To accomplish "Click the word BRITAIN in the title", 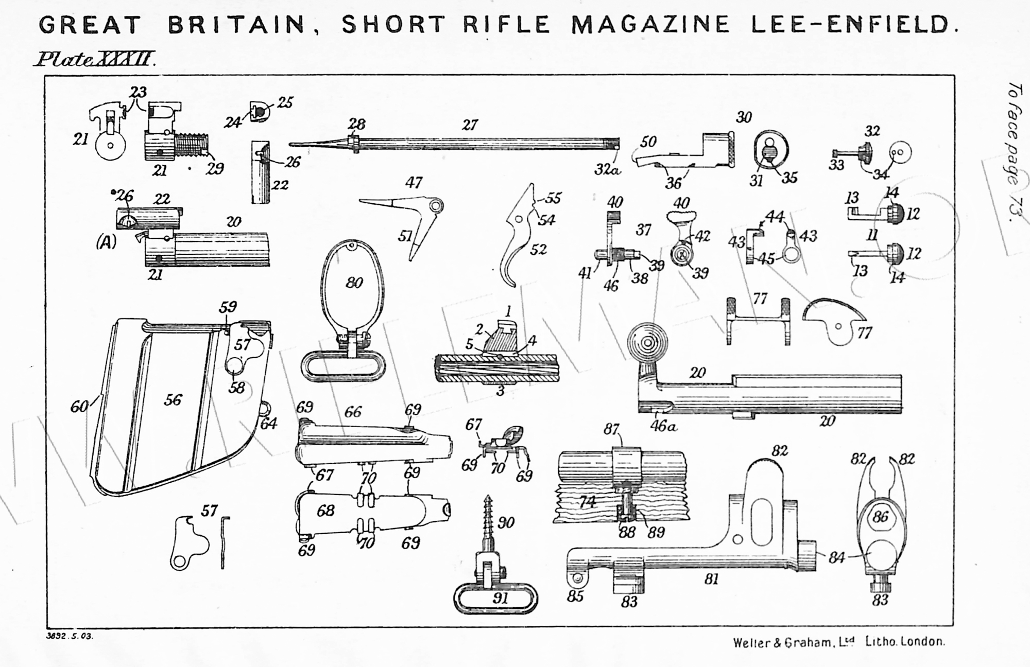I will pos(236,24).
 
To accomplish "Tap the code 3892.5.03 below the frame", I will pos(70,636).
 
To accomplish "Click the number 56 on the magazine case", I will pos(173,400).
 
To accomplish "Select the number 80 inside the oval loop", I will pos(354,283).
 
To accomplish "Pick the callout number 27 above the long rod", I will pos(470,125).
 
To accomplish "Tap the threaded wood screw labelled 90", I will pos(487,520).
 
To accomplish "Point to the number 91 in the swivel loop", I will pos(500,598).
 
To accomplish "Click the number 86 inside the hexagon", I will pos(881,516).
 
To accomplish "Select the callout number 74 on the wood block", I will pos(587,502).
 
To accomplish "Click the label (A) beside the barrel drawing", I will pos(106,242).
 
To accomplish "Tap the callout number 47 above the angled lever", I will pos(414,183).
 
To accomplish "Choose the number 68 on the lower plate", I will pos(325,510).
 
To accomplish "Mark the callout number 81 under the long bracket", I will pos(711,580).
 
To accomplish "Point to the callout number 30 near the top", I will pos(744,117).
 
